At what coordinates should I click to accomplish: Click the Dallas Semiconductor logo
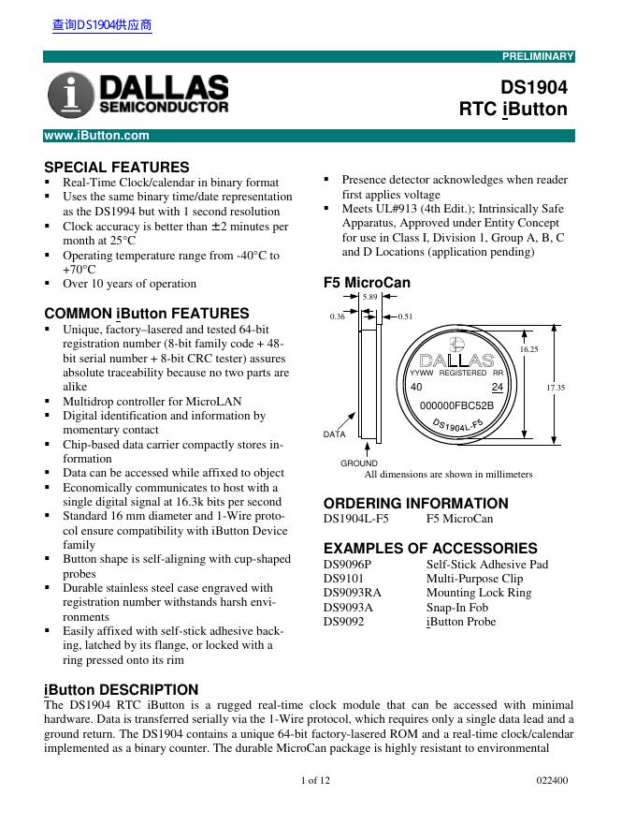pyautogui.click(x=138, y=96)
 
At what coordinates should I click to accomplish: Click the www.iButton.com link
pyautogui.click(x=97, y=136)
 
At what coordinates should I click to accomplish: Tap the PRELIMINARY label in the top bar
pyautogui.click(x=538, y=57)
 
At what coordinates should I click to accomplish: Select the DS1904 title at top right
pyautogui.click(x=534, y=87)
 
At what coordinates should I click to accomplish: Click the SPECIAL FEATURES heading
pyautogui.click(x=117, y=167)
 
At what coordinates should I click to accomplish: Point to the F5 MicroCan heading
pyautogui.click(x=366, y=282)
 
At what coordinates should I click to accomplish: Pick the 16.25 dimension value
pyautogui.click(x=528, y=348)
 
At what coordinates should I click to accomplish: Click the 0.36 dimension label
pyautogui.click(x=338, y=317)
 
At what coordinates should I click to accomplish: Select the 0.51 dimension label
pyautogui.click(x=406, y=317)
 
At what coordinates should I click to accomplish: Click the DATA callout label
pyautogui.click(x=335, y=434)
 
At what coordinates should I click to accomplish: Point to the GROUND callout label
pyautogui.click(x=359, y=463)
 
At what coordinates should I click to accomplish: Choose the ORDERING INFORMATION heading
pyautogui.click(x=416, y=503)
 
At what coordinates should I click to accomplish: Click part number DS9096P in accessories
pyautogui.click(x=347, y=565)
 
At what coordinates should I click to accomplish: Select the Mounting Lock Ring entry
pyautogui.click(x=479, y=593)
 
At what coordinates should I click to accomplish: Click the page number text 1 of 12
pyautogui.click(x=316, y=780)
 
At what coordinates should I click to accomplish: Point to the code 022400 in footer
pyautogui.click(x=553, y=780)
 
